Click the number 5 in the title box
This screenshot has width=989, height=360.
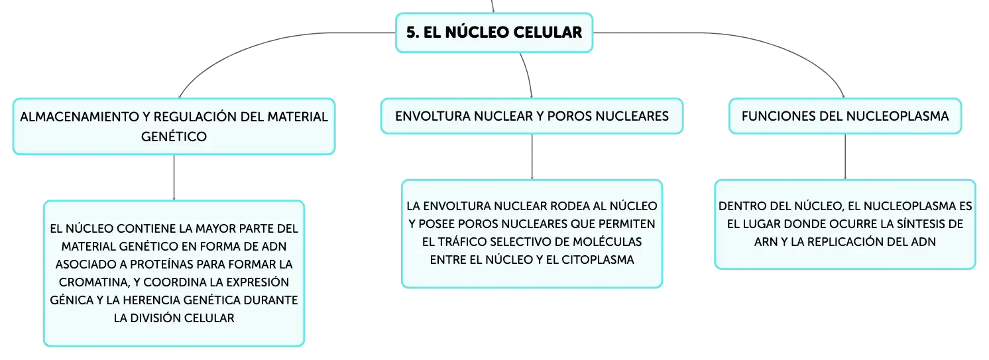click(411, 32)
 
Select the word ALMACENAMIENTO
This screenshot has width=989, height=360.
click(80, 117)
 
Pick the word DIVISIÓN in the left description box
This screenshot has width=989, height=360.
click(155, 318)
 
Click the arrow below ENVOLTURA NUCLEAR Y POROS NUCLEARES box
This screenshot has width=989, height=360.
click(532, 157)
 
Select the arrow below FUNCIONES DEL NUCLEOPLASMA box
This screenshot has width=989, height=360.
click(845, 157)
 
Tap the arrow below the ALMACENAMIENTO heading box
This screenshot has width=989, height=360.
click(174, 178)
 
